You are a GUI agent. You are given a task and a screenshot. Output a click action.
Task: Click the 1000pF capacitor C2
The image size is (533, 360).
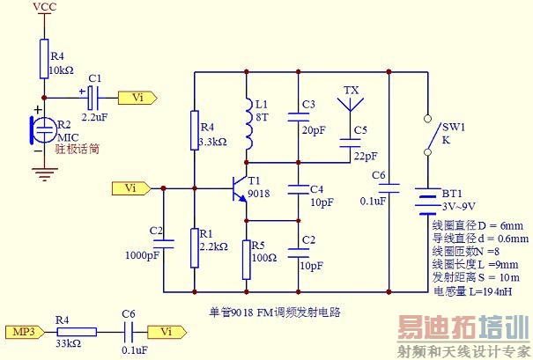click(164, 247)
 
